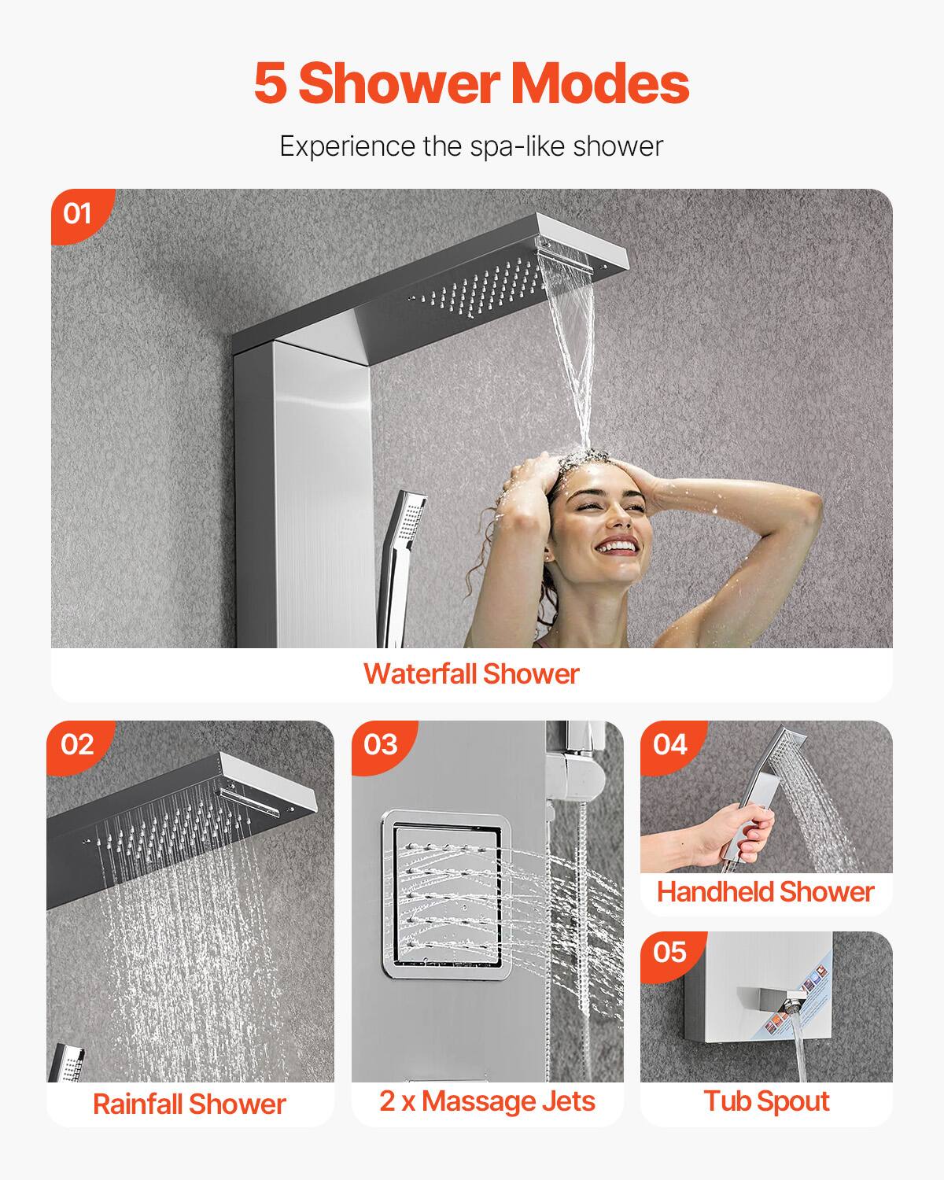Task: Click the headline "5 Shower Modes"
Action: [x=471, y=83]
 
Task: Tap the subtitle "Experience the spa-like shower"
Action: [x=471, y=146]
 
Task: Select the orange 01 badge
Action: [x=78, y=213]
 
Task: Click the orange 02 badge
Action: [x=77, y=744]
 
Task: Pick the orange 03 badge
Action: [x=381, y=744]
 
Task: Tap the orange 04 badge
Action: [x=669, y=744]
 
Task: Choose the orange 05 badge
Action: [x=669, y=953]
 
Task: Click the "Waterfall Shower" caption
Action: [x=471, y=674]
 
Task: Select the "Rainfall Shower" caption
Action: [x=189, y=1104]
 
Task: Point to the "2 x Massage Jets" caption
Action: [x=487, y=1101]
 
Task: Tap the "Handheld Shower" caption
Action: [x=765, y=892]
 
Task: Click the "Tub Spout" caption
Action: [x=766, y=1101]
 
